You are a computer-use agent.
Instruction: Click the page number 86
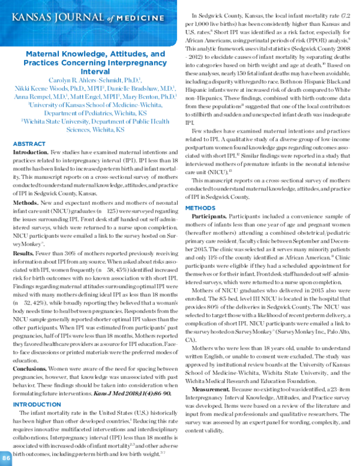(x=5, y=459)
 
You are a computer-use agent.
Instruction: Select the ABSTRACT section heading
(x=29, y=145)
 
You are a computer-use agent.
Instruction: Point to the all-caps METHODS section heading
(x=206, y=223)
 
